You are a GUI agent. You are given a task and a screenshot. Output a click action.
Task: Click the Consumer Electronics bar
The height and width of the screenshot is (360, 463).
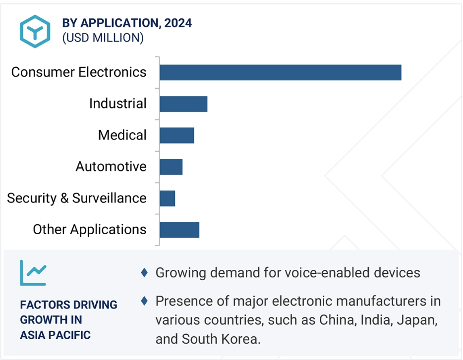280,72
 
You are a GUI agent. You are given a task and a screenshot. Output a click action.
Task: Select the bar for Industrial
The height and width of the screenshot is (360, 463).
183,104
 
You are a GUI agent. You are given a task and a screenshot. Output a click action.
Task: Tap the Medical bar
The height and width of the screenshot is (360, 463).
176,135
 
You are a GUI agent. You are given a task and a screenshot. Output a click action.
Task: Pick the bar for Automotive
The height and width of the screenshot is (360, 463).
171,167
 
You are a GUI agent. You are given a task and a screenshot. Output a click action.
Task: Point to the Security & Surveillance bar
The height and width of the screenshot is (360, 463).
167,198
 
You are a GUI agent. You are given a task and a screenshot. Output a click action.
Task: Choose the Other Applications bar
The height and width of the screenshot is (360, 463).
179,230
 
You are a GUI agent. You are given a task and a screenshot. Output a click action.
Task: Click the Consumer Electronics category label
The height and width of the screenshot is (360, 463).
79,72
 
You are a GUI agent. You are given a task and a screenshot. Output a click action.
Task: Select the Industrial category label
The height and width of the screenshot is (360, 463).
118,104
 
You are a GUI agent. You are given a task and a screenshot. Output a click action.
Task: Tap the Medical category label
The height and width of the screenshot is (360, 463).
122,135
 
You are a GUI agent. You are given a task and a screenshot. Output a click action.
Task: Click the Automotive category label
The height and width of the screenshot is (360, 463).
111,167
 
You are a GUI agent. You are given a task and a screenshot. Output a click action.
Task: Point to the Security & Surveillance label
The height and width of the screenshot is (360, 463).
77,198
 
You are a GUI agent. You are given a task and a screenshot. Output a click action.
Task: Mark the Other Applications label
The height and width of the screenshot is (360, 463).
90,230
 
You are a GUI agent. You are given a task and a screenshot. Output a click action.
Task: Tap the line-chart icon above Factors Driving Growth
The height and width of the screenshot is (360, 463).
33,273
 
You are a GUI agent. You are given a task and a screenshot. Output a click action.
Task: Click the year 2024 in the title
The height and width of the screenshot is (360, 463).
179,23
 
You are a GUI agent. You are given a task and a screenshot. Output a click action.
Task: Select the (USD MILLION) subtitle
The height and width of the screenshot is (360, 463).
103,38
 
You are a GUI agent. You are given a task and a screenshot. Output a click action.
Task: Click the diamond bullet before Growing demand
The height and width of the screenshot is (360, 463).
144,272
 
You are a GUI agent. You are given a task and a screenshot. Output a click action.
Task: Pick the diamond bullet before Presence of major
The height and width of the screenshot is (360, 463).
144,301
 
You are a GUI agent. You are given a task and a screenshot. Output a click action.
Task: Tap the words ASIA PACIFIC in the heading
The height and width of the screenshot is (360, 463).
56,335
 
